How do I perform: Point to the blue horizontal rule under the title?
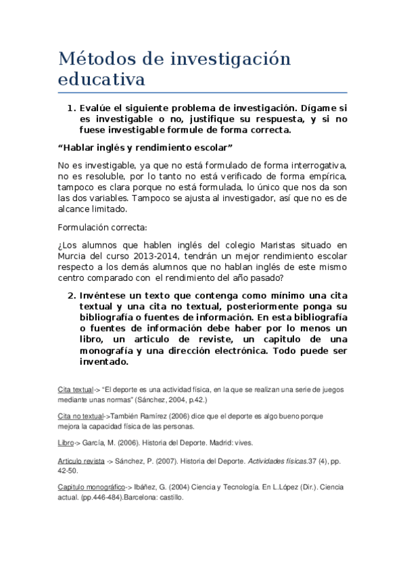point(202,92)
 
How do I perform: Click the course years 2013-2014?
point(162,256)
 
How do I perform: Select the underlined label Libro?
point(66,443)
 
